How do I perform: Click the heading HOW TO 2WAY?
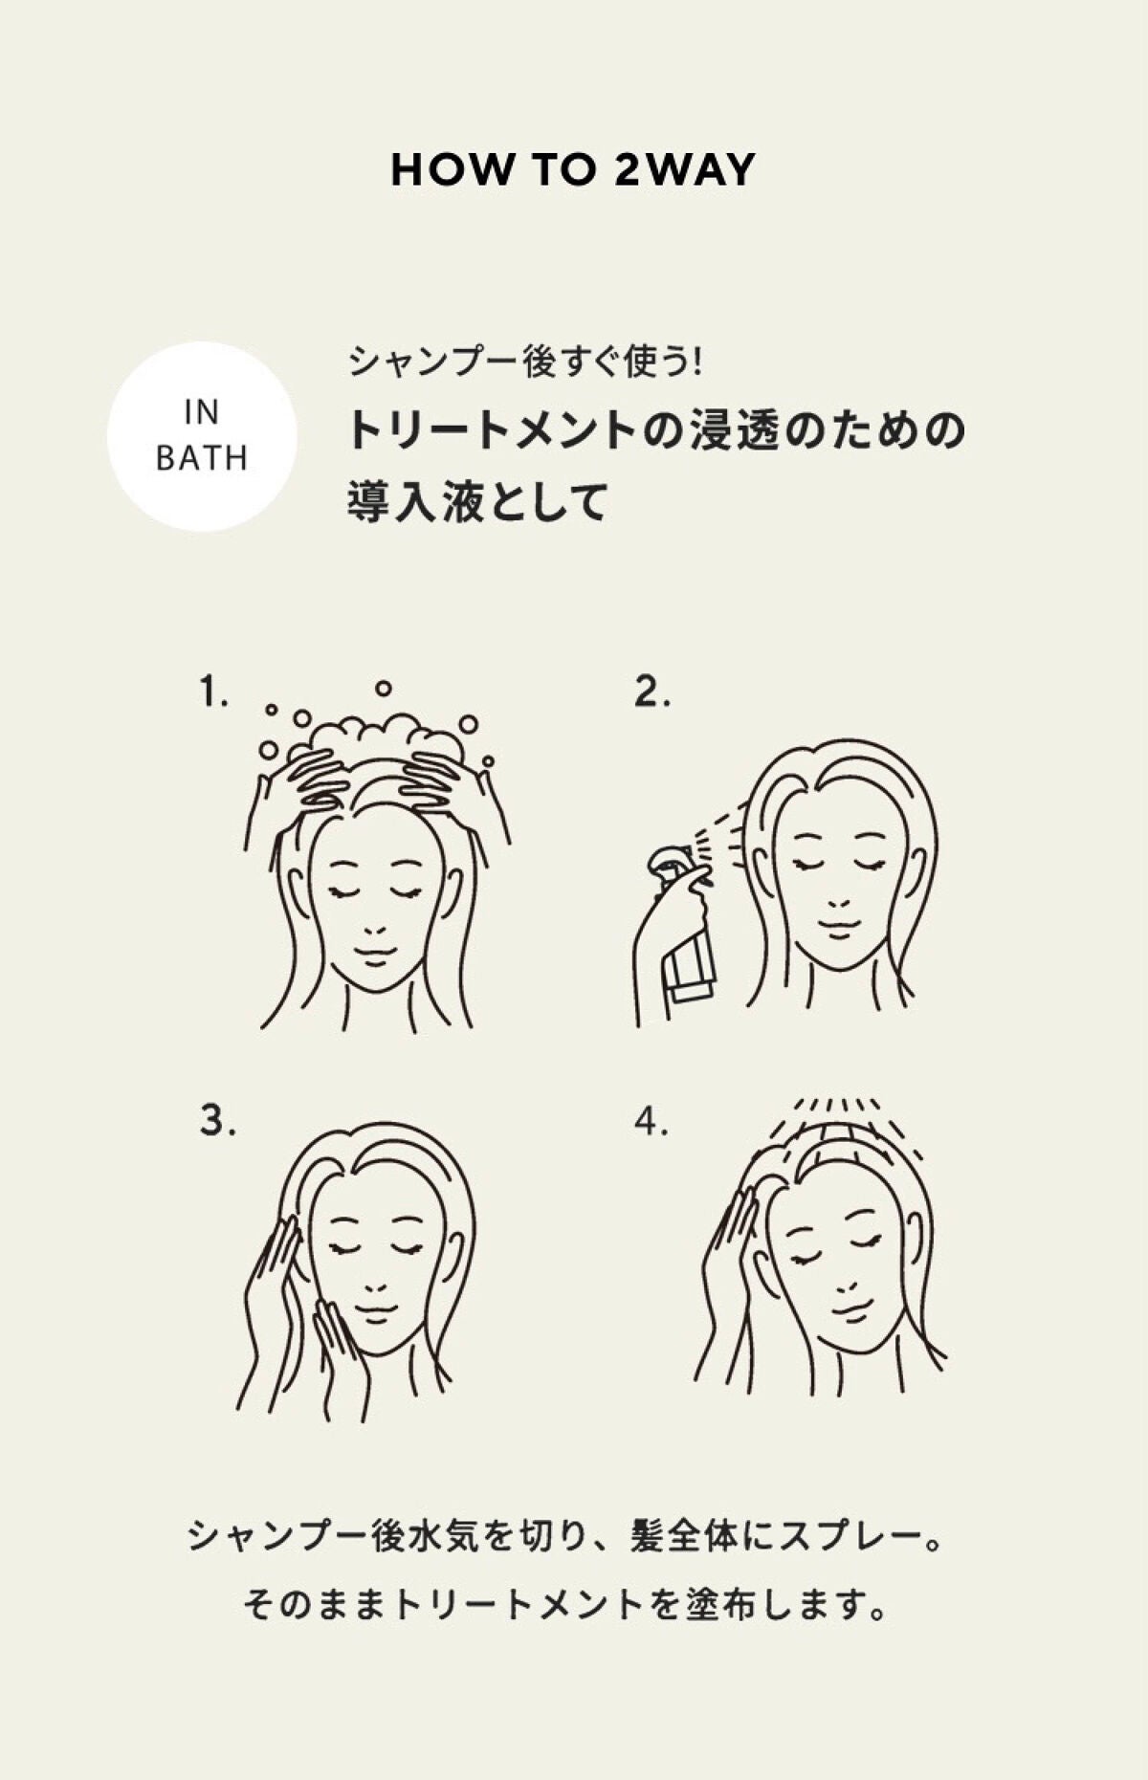click(573, 170)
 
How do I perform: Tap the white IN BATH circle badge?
click(202, 436)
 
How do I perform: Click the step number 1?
click(213, 691)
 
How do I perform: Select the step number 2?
click(651, 691)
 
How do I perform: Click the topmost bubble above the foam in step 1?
click(383, 687)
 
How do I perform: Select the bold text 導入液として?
click(477, 503)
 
